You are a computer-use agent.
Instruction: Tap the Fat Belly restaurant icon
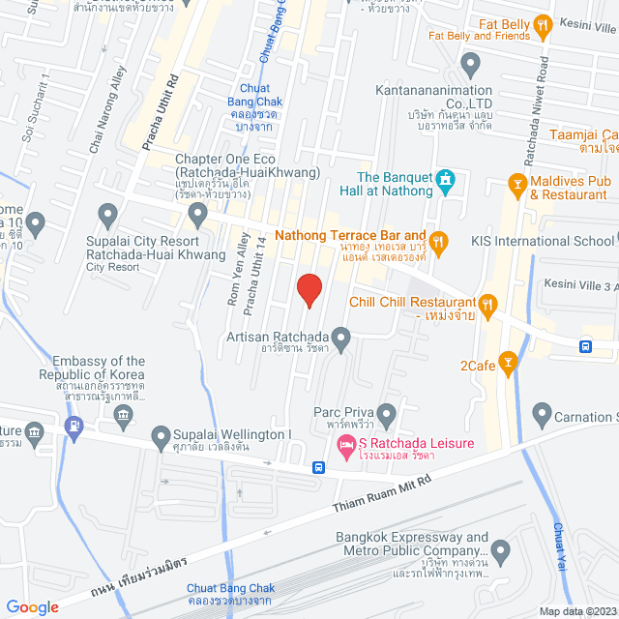click(x=543, y=26)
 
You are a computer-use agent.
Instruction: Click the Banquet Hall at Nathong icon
click(x=445, y=180)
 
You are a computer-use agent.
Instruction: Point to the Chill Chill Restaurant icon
click(x=487, y=305)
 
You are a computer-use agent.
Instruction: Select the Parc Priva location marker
click(x=386, y=415)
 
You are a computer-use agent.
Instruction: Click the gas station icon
click(x=74, y=425)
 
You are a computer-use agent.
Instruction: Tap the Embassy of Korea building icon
click(x=123, y=416)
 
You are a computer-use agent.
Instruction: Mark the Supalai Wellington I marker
click(x=161, y=440)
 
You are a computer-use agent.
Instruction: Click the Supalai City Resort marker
click(x=108, y=213)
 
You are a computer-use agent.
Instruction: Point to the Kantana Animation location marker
click(x=470, y=66)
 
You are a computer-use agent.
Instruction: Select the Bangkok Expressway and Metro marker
click(x=500, y=553)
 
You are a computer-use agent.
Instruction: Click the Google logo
click(x=33, y=606)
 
